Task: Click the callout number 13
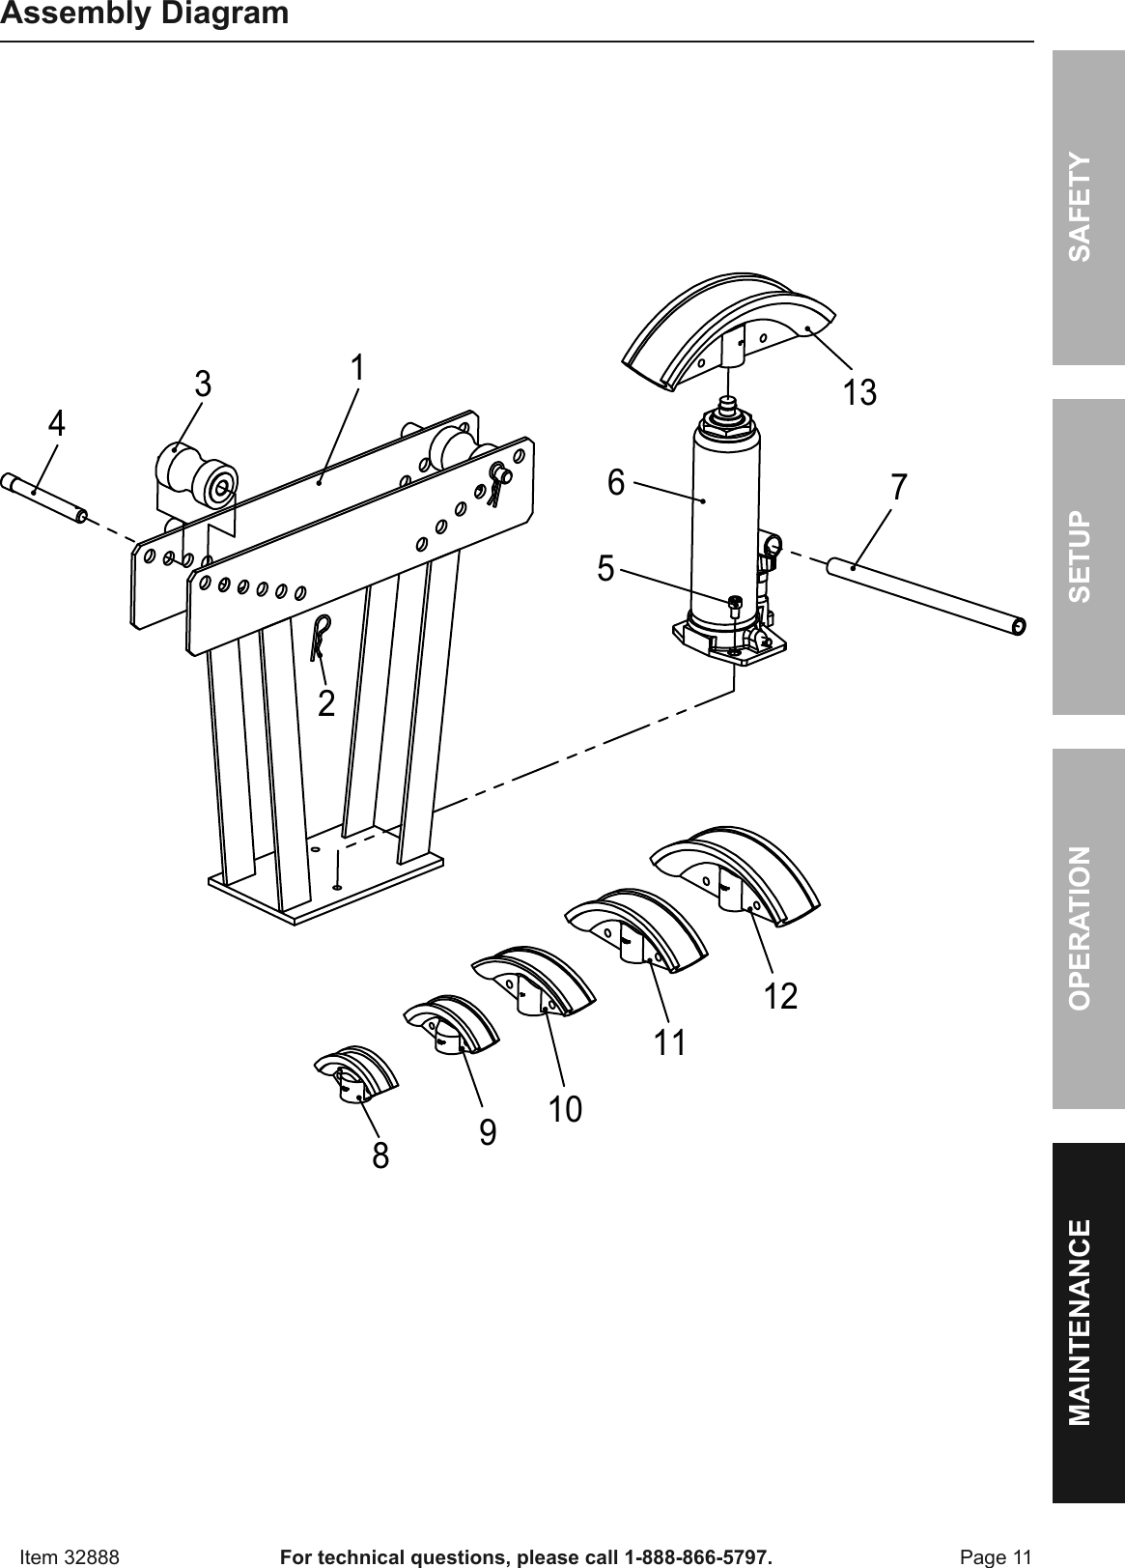[859, 393]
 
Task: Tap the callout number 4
[58, 423]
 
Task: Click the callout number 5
[605, 568]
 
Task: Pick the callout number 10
[567, 1109]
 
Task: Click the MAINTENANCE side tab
[1088, 1322]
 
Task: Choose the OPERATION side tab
[1088, 927]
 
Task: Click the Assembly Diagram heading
[145, 14]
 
